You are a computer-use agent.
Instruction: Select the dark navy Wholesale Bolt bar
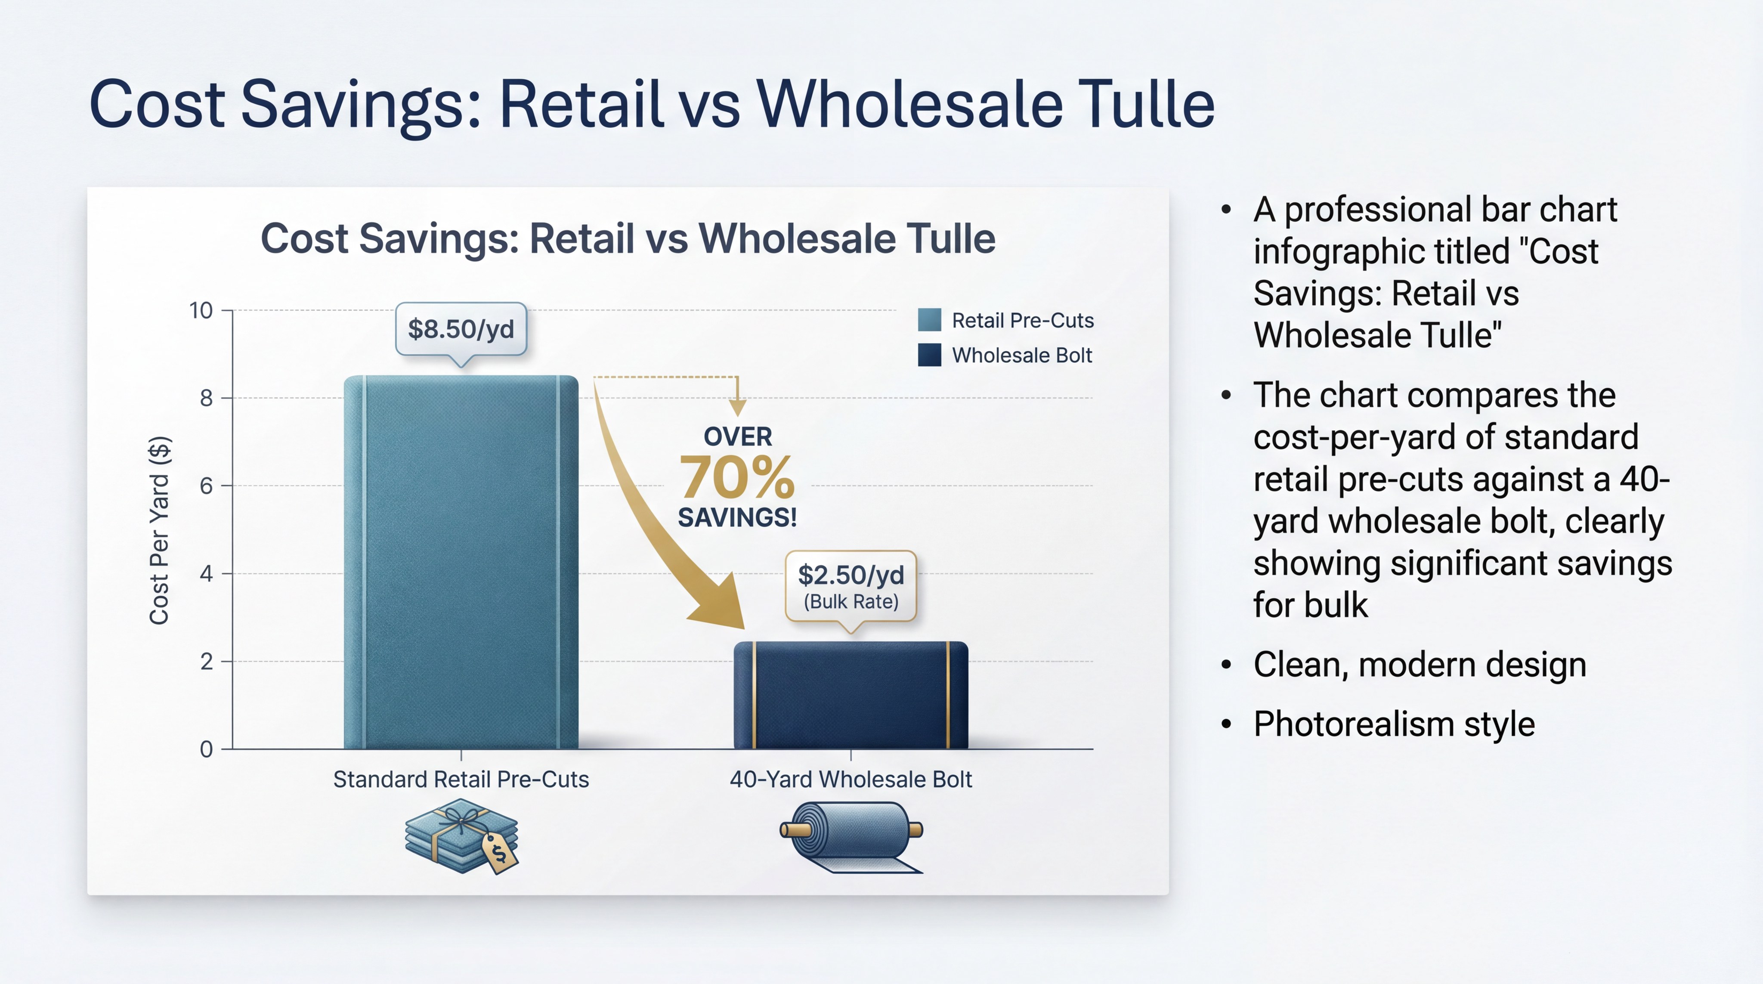(x=851, y=695)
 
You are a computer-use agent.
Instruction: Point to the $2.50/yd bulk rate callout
(x=851, y=587)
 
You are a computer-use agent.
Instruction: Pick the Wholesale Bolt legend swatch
(x=929, y=355)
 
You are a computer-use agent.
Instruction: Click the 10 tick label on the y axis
(x=201, y=311)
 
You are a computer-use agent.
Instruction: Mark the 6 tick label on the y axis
(x=206, y=486)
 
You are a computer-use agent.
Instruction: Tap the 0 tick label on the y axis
(x=206, y=749)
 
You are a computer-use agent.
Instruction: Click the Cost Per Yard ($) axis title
(x=159, y=530)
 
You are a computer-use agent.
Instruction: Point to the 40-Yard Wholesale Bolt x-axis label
(x=851, y=780)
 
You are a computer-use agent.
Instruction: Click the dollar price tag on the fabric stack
(x=500, y=853)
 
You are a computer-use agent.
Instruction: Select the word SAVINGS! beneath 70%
(x=737, y=517)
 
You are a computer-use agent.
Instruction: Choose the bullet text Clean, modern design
(x=1420, y=665)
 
